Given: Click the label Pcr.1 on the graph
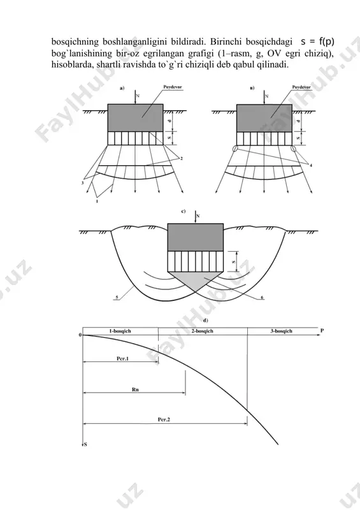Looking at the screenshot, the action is [x=122, y=358].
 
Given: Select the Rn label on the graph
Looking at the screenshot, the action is [x=135, y=390].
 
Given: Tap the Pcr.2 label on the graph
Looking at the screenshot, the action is [x=164, y=419].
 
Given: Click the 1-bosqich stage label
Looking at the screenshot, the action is [x=120, y=331].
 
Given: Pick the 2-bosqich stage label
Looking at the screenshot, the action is [x=202, y=331].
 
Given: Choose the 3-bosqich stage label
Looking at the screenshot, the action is [x=282, y=331].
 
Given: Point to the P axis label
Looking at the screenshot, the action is [x=322, y=330].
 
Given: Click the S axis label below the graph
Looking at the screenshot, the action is [x=85, y=444].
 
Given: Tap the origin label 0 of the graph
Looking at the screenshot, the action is [x=80, y=335].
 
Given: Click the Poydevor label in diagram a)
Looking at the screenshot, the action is [x=173, y=87].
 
